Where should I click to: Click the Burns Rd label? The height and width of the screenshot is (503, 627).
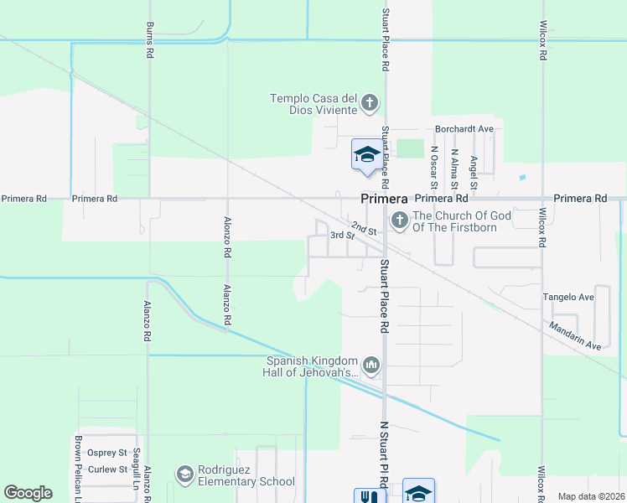pos(150,39)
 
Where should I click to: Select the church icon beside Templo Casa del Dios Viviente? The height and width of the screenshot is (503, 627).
pos(370,106)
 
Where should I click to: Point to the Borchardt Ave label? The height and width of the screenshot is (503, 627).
pos(464,129)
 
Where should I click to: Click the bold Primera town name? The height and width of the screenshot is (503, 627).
pos(384,200)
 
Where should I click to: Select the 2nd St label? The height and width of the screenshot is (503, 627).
pos(363,227)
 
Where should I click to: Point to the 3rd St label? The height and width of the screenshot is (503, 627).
pos(338,236)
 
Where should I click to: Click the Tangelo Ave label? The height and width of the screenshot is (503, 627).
pos(567,297)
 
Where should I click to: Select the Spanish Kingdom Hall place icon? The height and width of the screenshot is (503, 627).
pos(370,366)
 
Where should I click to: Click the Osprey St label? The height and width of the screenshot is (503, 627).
pos(106,453)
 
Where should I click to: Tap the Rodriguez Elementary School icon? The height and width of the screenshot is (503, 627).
pos(184,475)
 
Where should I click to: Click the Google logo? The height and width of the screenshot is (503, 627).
pos(28,493)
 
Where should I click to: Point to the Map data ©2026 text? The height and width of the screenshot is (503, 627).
pos(591,496)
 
